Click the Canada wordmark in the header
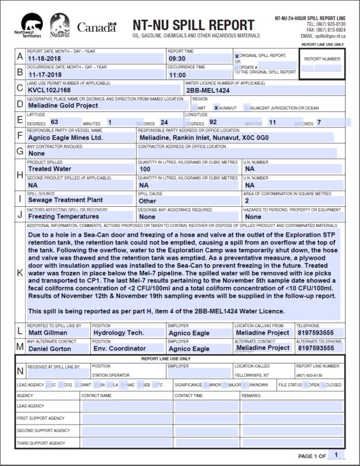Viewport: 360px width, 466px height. (x=96, y=27)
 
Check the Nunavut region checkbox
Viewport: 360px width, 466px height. (x=217, y=108)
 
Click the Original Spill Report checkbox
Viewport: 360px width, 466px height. (x=237, y=56)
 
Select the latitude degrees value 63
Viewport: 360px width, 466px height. (x=55, y=122)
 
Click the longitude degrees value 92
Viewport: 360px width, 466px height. (x=213, y=122)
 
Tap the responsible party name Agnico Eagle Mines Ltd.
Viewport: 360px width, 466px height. (x=65, y=138)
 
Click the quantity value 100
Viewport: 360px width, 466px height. (x=145, y=169)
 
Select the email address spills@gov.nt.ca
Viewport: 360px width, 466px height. (x=330, y=36)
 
